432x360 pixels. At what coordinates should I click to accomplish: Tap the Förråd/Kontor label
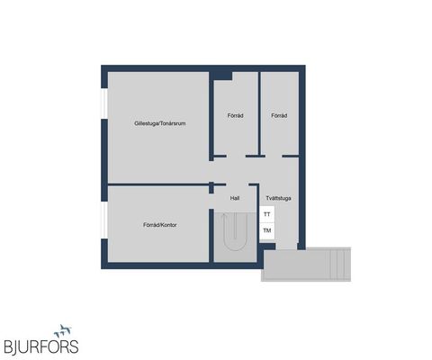click(159, 224)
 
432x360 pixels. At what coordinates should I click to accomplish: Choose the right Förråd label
click(279, 116)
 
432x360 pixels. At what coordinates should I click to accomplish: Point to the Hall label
click(235, 198)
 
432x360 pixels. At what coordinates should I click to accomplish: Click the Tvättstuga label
click(277, 198)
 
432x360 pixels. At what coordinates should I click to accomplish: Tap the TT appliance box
click(266, 215)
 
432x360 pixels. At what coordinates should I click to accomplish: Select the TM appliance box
click(266, 231)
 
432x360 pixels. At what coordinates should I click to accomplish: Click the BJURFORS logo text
click(40, 345)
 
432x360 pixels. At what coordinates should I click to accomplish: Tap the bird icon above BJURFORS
click(63, 330)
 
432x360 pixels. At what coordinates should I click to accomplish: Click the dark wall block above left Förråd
click(222, 75)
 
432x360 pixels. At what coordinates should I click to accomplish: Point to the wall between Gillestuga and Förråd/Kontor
click(157, 184)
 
